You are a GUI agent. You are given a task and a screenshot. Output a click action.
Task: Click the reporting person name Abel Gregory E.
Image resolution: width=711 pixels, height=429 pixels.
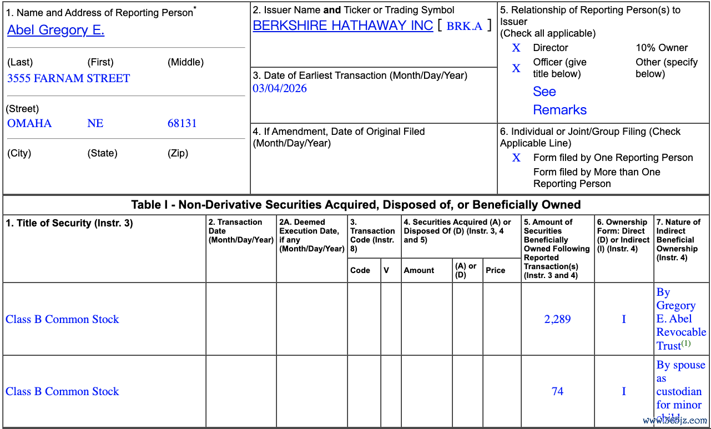coord(56,30)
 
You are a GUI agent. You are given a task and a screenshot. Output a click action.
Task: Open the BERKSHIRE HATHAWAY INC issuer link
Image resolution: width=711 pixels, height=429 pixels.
coord(342,26)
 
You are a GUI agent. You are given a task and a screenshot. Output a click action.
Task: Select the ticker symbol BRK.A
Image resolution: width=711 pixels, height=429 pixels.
coord(464,26)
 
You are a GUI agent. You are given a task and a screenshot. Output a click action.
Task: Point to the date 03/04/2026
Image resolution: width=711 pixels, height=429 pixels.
coord(280,88)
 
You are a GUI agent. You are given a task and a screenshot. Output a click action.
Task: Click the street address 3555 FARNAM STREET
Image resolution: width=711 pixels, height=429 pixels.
coord(68,78)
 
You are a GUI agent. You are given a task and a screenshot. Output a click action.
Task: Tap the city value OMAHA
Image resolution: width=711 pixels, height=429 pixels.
coord(29,123)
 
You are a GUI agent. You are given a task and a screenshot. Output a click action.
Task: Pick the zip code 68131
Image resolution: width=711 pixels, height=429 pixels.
coord(182,123)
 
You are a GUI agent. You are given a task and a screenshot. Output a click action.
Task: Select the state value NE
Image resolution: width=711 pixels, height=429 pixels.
coord(95,123)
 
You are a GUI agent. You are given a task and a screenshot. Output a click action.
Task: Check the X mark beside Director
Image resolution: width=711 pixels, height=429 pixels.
coord(516,48)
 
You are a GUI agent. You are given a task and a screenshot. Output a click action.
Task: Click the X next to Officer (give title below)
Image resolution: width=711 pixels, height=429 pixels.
coord(516,68)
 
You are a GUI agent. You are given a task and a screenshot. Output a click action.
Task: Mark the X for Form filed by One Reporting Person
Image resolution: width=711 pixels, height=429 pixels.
coord(516,158)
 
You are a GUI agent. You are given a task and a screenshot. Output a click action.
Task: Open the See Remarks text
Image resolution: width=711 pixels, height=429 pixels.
coord(559,100)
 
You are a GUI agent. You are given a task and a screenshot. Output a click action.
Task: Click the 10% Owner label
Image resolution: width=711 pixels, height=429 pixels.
coord(662,48)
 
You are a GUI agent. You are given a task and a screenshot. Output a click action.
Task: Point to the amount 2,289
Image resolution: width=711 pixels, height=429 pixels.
coord(557,319)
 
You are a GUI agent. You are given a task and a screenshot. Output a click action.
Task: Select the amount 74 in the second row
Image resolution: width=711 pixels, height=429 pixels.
coord(557,391)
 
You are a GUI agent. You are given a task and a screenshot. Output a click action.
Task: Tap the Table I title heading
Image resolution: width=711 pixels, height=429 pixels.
coord(356,205)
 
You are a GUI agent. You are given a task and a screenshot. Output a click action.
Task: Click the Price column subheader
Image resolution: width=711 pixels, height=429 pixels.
coord(495,270)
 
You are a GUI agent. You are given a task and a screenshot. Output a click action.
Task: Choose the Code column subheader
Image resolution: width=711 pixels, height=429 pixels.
coord(360,270)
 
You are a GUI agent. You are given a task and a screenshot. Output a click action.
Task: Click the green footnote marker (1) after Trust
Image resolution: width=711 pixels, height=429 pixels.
coord(686,344)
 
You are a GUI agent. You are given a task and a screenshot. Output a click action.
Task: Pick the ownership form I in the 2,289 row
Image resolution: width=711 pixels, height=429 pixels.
coord(624,319)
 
